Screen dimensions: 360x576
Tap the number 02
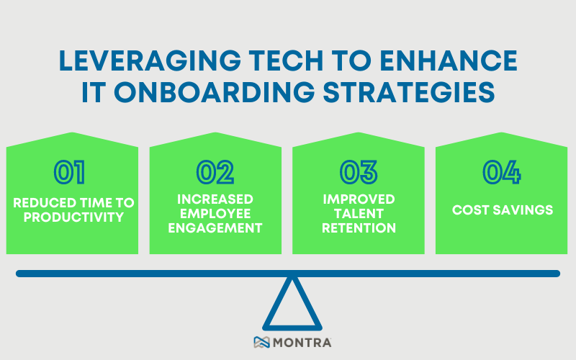pos(215,173)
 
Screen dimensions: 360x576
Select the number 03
pos(359,173)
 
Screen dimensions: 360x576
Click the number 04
pos(501,173)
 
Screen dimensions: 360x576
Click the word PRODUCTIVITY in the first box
pos(72,217)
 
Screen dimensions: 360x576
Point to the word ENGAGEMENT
pos(215,228)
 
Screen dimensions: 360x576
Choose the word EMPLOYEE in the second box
pos(215,213)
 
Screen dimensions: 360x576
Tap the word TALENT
pos(359,213)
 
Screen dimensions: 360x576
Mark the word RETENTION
pos(359,228)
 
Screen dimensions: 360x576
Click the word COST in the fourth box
pos(472,210)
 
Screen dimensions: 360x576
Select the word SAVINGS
pos(523,210)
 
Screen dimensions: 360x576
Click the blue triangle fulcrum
pos(291,306)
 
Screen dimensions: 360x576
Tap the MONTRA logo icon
pos(261,343)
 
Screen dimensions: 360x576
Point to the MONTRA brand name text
pos(302,343)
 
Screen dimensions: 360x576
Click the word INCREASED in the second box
pos(215,198)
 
